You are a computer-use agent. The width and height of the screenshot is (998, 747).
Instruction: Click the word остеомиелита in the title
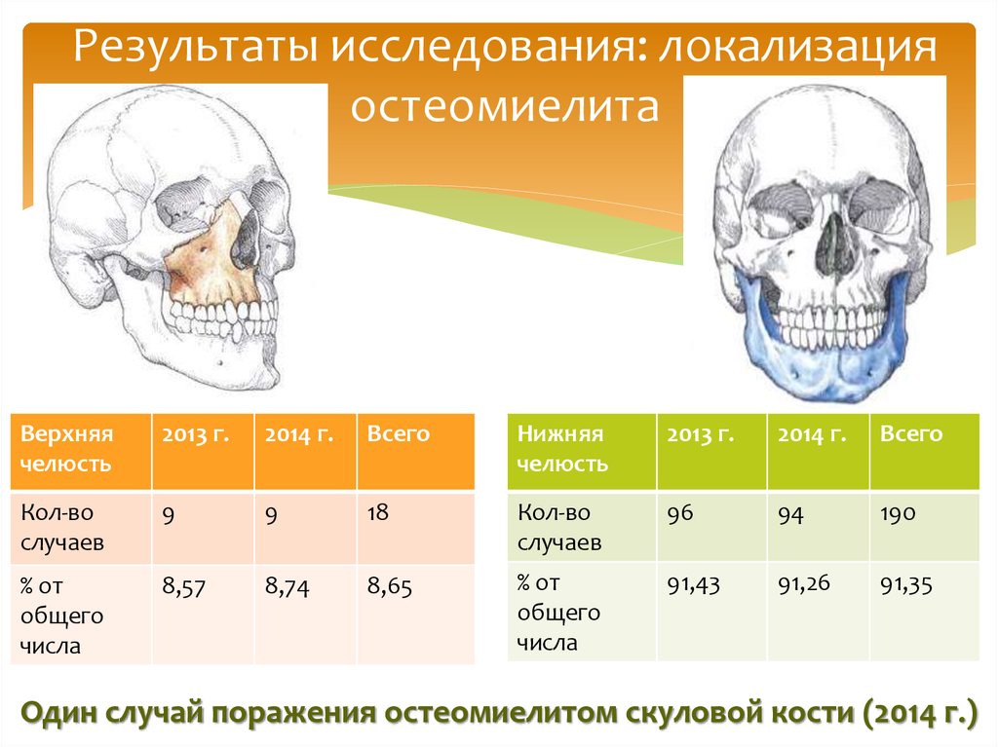click(x=504, y=108)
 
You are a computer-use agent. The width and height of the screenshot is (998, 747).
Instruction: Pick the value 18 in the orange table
click(x=378, y=512)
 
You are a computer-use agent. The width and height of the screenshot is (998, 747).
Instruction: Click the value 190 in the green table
click(x=897, y=512)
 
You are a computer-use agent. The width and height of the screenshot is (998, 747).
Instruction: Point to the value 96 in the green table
click(x=679, y=512)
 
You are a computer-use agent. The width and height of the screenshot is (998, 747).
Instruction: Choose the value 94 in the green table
click(x=789, y=513)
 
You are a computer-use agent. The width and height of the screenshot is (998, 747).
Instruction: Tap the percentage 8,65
click(x=389, y=586)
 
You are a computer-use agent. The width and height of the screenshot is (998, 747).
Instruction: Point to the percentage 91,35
click(x=905, y=584)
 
